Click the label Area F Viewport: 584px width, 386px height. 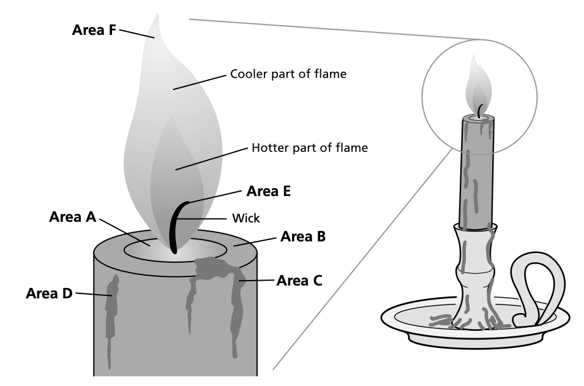click(x=94, y=29)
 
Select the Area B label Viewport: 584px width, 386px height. click(x=302, y=237)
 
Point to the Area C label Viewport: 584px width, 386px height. click(x=299, y=281)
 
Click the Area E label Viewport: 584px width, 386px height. click(x=268, y=191)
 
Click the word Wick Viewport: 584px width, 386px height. click(x=246, y=218)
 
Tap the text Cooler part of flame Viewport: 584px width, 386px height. click(x=288, y=75)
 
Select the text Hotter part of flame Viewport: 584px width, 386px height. click(x=309, y=148)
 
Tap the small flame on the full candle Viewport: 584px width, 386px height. click(x=478, y=86)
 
